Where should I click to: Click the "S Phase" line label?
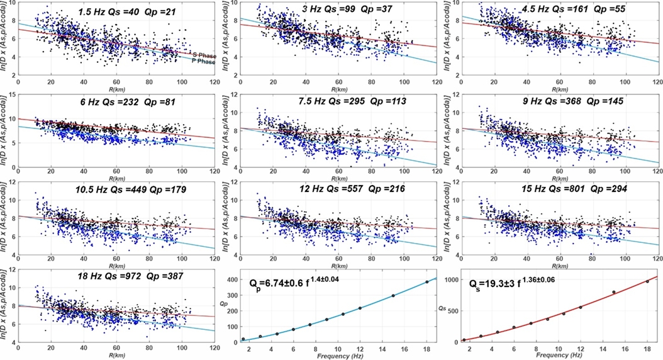pos(204,55)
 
